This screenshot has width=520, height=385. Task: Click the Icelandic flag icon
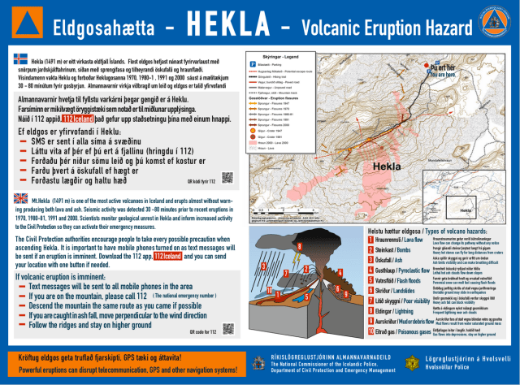(21, 59)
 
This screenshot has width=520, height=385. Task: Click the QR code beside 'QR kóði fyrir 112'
(227, 177)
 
